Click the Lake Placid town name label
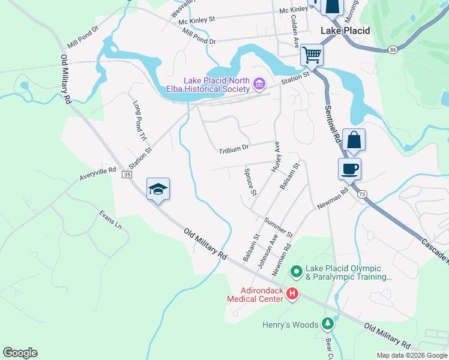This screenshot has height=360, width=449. [345, 31]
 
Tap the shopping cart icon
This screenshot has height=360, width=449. [312, 55]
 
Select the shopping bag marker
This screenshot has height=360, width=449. [354, 140]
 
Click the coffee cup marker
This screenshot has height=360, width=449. [349, 169]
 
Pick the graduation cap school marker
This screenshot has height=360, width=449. [158, 189]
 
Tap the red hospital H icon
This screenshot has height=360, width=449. [292, 293]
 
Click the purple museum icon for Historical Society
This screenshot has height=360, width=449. [259, 84]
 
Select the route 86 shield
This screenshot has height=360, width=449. [392, 49]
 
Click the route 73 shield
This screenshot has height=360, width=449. [361, 194]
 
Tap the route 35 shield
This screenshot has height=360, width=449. [127, 174]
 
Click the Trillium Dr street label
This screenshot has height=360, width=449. [233, 149]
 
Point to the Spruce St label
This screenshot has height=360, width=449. [250, 182]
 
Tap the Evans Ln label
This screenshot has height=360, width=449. [110, 219]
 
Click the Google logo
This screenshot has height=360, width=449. [20, 353]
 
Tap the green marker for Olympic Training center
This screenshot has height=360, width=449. [295, 272]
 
